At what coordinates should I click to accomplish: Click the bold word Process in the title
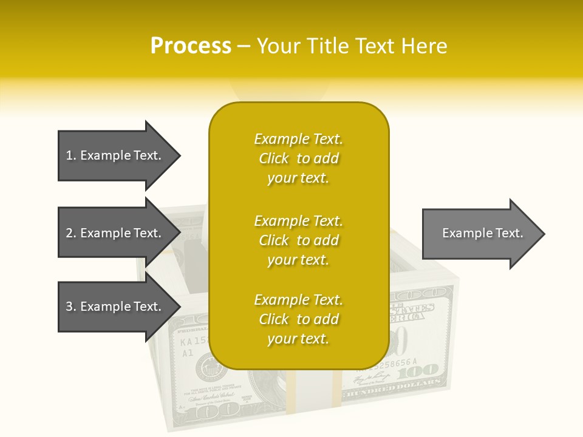(191, 46)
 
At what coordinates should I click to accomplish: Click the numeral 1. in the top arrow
(71, 155)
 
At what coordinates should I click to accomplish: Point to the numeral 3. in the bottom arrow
(71, 307)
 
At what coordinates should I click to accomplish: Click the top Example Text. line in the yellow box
(298, 139)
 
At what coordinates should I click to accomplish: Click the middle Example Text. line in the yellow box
(298, 221)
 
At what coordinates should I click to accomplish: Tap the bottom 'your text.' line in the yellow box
(298, 339)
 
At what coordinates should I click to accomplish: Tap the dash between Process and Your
(244, 46)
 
